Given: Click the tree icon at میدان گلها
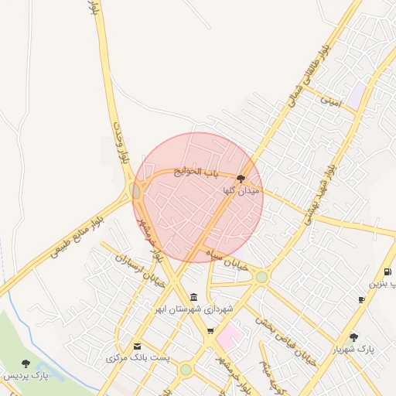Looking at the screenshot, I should tap(241, 177).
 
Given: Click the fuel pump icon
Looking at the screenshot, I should tap(387, 272).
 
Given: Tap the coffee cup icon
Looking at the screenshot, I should tap(361, 299).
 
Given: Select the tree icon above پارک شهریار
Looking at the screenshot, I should tap(353, 337).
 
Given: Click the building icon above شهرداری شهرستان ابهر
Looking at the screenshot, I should tap(193, 298).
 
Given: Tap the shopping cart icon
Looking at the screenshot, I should tap(210, 331).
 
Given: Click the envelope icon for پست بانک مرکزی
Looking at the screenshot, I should tap(138, 346).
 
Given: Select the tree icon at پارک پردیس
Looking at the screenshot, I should tap(26, 364).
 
